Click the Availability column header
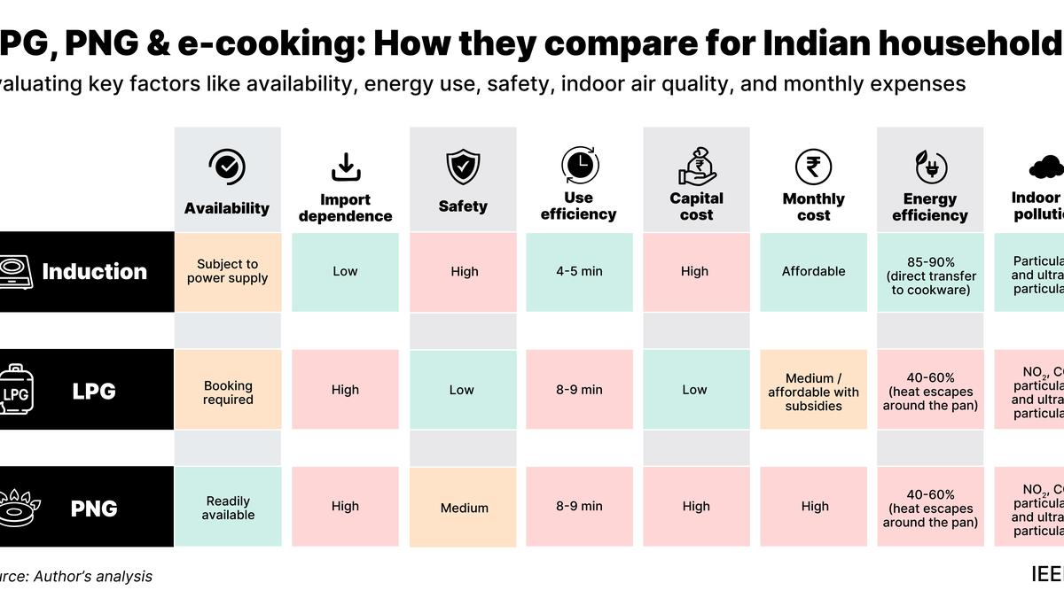click(x=227, y=208)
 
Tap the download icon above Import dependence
click(x=345, y=166)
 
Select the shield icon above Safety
click(x=463, y=167)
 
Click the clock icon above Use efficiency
click(x=579, y=165)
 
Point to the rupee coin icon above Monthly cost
click(x=813, y=166)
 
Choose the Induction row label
click(x=94, y=271)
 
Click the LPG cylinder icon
click(x=14, y=390)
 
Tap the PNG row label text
click(x=94, y=509)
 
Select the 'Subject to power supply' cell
click(x=228, y=271)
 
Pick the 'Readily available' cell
click(x=228, y=508)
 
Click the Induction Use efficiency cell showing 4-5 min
click(x=579, y=271)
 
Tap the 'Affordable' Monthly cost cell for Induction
click(x=813, y=271)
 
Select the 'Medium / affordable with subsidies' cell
click(x=813, y=391)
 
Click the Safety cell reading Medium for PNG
click(x=463, y=508)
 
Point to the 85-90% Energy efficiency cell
click(x=929, y=271)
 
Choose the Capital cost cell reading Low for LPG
click(x=695, y=390)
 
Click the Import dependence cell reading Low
click(x=345, y=271)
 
